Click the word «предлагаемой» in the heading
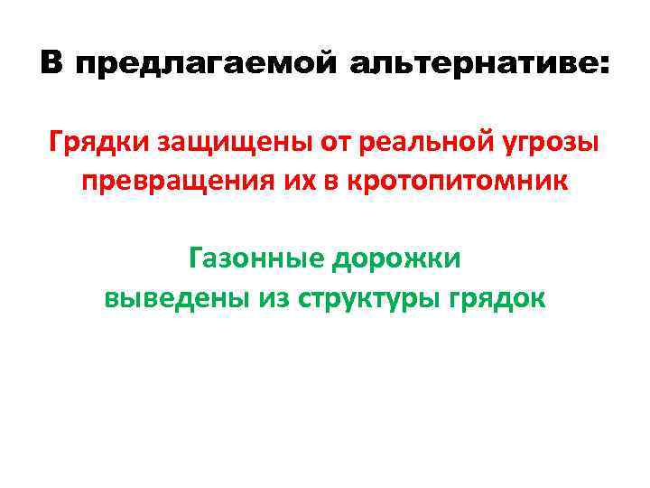204,66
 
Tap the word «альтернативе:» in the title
478,66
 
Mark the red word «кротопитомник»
467,182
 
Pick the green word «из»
269,298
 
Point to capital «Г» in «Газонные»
198,259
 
